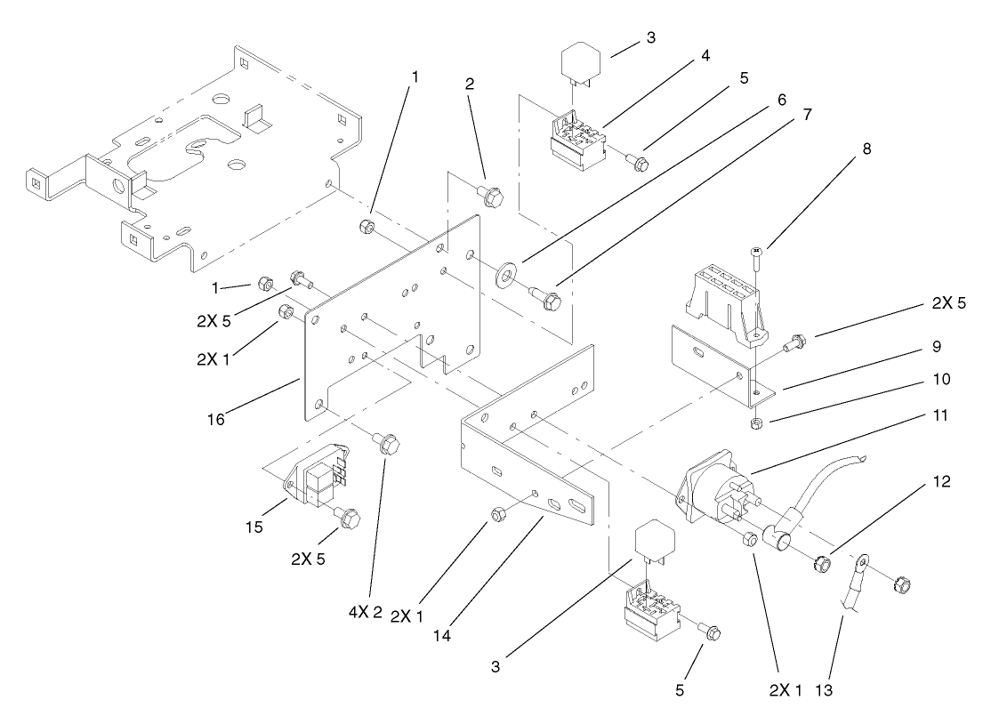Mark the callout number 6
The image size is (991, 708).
pos(780,98)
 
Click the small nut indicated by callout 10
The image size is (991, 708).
pos(754,422)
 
